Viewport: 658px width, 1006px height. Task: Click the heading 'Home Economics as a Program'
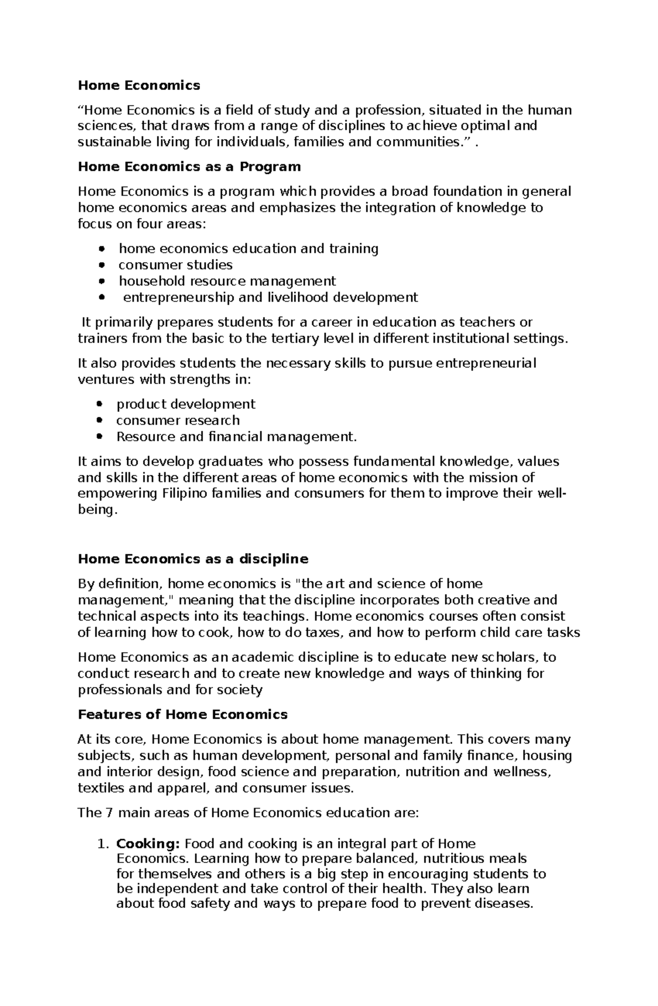point(189,167)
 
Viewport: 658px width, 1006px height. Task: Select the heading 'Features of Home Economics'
point(183,714)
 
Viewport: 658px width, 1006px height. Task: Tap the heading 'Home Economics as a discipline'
point(193,559)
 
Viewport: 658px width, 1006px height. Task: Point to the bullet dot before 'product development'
point(99,405)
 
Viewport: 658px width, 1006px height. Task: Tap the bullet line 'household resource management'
point(227,281)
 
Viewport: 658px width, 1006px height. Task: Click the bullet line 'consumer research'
point(178,420)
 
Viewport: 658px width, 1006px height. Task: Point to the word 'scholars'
point(512,657)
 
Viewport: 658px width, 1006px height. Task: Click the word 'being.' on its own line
point(98,510)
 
